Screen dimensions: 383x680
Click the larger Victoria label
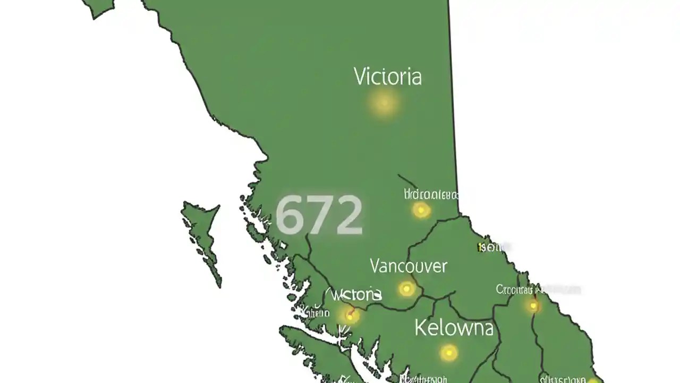click(388, 77)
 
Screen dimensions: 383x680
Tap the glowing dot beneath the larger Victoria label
click(384, 103)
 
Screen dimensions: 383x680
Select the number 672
click(319, 214)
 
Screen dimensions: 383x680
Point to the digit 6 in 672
click(289, 215)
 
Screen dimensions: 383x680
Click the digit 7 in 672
click(319, 215)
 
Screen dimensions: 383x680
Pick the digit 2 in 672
click(348, 215)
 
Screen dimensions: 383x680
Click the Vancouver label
click(408, 265)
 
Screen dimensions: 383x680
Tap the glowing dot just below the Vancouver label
click(407, 289)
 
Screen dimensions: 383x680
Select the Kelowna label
click(454, 328)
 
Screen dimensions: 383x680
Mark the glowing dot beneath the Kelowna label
click(449, 352)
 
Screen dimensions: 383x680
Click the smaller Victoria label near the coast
click(355, 294)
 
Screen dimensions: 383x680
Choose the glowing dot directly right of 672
click(421, 210)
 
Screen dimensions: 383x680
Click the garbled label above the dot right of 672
click(431, 194)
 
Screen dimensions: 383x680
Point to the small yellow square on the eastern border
click(481, 247)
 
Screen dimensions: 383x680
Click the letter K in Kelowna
click(421, 328)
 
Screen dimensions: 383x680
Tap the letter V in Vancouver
click(375, 265)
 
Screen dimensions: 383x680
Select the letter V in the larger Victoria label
click(360, 77)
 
